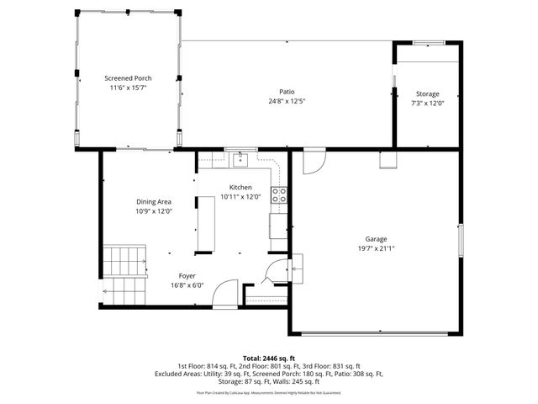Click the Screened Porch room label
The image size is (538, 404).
click(x=128, y=77)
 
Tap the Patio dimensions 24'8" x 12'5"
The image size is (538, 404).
click(x=287, y=102)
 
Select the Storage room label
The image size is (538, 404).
click(x=427, y=93)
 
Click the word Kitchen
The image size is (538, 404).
click(x=240, y=187)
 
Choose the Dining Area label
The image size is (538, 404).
click(x=154, y=201)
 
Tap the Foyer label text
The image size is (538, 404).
click(x=187, y=275)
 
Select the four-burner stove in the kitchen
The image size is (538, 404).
click(x=280, y=195)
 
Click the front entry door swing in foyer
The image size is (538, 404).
click(x=224, y=295)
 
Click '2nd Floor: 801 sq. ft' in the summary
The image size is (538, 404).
click(x=270, y=366)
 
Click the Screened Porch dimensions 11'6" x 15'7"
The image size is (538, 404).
click(x=128, y=88)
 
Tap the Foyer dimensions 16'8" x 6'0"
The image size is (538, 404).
click(x=187, y=285)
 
